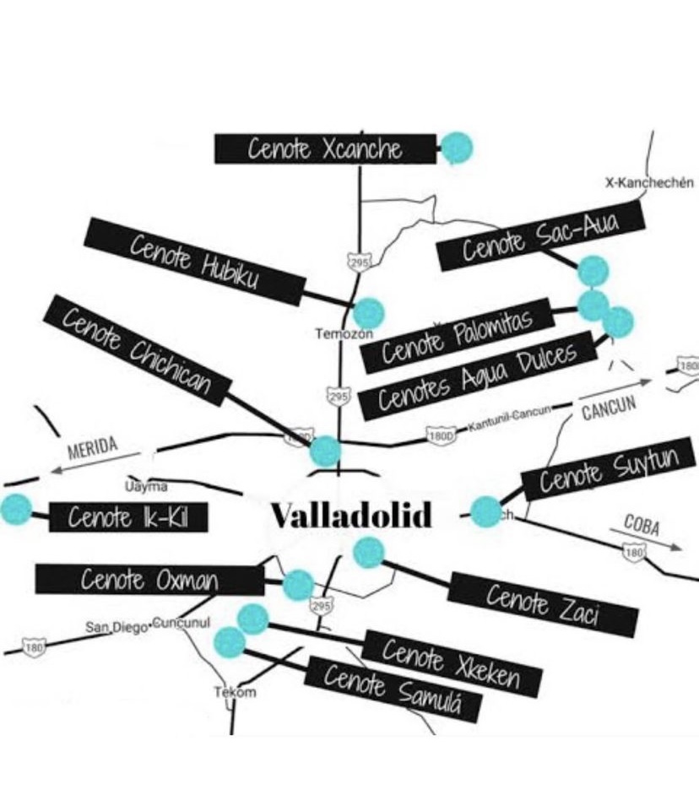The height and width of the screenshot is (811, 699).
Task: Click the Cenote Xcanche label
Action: [325, 149]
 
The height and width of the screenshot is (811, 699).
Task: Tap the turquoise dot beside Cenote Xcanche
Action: [456, 148]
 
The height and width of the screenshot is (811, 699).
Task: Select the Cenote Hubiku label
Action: [194, 261]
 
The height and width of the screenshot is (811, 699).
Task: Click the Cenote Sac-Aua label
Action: [541, 236]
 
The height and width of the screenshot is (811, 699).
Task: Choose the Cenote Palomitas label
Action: [457, 335]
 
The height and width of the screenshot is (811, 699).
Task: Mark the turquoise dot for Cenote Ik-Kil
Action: [15, 509]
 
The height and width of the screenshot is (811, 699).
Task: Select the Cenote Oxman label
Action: [149, 580]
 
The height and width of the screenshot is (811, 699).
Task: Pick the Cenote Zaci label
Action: [542, 603]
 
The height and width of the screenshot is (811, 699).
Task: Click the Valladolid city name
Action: [350, 514]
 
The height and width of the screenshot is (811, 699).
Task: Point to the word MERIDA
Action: [93, 446]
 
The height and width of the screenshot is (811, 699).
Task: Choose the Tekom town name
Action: [234, 692]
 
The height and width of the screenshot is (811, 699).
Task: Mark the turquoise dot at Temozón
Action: [368, 313]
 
